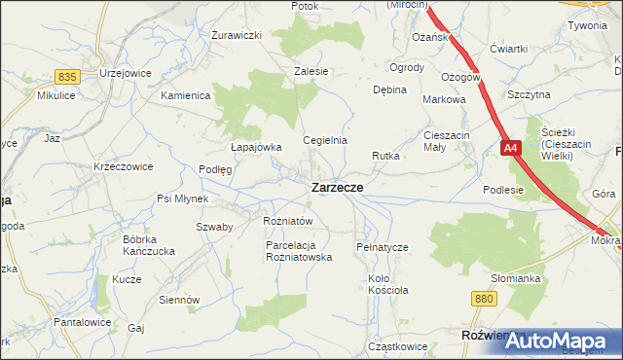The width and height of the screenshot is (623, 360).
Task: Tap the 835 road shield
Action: tap(67, 76)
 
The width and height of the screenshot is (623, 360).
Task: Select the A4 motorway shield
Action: tap(512, 149)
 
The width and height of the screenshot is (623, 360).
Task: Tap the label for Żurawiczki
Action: tap(238, 35)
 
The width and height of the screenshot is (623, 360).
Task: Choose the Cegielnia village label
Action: tap(325, 140)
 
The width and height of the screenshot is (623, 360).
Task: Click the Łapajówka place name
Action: tap(256, 147)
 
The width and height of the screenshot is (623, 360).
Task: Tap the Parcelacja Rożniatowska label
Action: tap(299, 251)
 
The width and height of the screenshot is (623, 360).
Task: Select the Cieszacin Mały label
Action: tap(447, 141)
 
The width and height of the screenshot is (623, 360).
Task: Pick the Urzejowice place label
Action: tap(124, 74)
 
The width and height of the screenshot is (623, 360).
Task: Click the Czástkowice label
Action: tap(397, 345)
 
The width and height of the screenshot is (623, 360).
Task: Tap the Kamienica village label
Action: tap(186, 96)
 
